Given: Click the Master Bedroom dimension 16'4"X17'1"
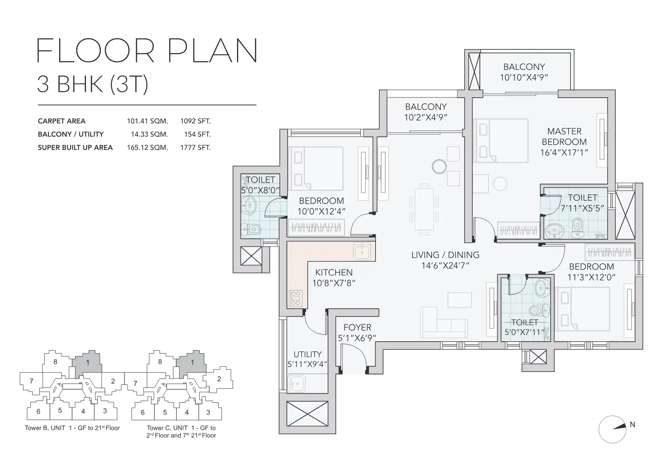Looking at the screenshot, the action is (564, 153).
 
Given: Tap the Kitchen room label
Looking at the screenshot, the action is (334, 272).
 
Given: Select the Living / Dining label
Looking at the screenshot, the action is (445, 255).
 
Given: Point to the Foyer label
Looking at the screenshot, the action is (357, 327).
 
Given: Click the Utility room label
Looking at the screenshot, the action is (307, 354).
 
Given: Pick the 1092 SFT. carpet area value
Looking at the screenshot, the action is (195, 121).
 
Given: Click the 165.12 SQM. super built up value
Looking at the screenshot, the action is (148, 147).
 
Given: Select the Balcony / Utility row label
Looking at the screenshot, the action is (71, 134).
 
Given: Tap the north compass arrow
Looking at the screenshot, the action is (619, 427).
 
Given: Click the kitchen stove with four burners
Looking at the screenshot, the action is (295, 298).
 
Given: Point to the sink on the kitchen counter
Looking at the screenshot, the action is (362, 251).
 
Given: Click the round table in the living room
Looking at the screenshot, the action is (439, 167).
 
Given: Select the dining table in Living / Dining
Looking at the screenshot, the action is (424, 209).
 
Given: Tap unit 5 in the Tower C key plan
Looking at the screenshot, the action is (165, 412).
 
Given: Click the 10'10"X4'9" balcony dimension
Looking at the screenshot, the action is (524, 77).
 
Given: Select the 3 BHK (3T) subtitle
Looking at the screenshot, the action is (93, 84).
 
